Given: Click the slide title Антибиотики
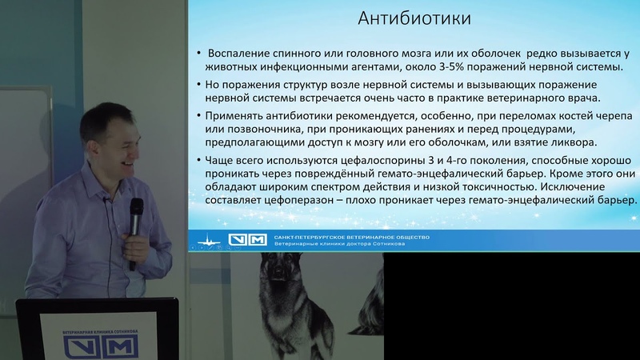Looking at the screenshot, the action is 414,18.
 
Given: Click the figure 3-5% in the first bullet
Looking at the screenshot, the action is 452,66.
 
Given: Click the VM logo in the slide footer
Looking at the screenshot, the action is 247,239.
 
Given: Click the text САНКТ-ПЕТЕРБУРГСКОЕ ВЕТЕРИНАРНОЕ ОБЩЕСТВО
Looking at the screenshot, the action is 351,237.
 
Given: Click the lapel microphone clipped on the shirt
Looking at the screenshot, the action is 106,200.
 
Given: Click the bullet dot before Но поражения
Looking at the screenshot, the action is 198,85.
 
